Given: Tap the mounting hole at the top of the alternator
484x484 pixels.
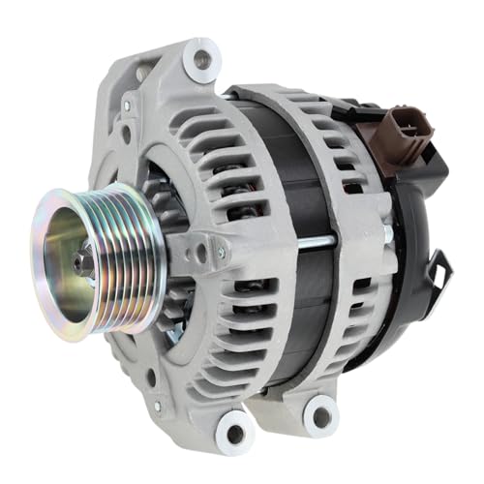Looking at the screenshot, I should [201, 58].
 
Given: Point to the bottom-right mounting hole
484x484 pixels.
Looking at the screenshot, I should [320, 416].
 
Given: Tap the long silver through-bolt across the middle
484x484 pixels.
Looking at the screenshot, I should [319, 235].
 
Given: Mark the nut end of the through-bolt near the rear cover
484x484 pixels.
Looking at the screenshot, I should [387, 235].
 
